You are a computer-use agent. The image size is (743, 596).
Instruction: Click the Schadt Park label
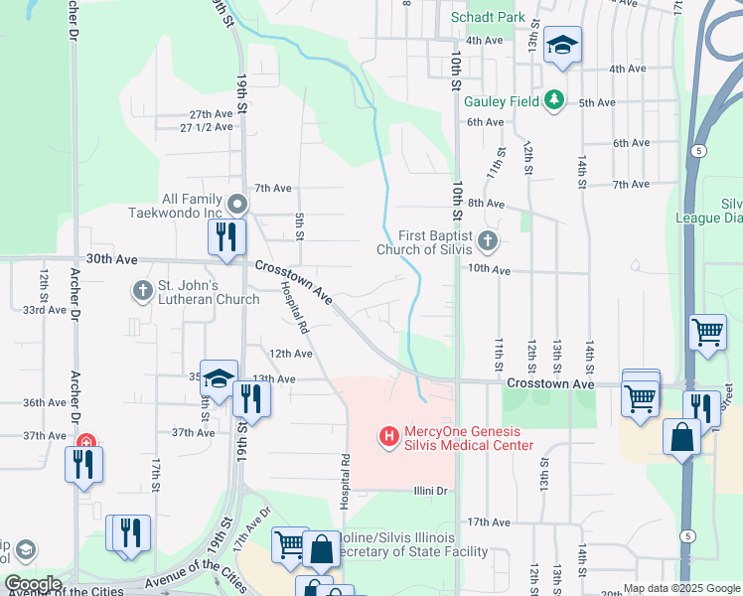(487, 18)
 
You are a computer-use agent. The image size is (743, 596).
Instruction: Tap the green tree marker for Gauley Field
(554, 100)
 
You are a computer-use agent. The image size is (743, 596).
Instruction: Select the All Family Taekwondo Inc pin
(236, 205)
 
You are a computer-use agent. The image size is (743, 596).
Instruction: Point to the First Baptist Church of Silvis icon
(487, 240)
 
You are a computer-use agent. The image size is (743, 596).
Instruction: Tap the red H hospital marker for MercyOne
(388, 435)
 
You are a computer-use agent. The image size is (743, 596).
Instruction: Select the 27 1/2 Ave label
(206, 127)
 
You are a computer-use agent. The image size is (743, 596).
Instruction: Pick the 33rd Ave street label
(45, 310)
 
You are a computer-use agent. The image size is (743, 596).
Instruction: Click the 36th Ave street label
(45, 402)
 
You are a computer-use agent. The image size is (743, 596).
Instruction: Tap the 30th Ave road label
(110, 257)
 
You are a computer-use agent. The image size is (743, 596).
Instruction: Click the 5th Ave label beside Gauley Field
(598, 102)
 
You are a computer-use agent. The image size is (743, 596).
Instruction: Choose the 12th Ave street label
(291, 353)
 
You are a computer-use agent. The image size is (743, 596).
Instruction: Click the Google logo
(33, 584)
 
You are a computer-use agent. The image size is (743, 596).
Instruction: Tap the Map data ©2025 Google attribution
(681, 588)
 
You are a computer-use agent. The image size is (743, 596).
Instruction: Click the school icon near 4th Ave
(563, 45)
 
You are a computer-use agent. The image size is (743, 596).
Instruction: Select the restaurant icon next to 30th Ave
(226, 237)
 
